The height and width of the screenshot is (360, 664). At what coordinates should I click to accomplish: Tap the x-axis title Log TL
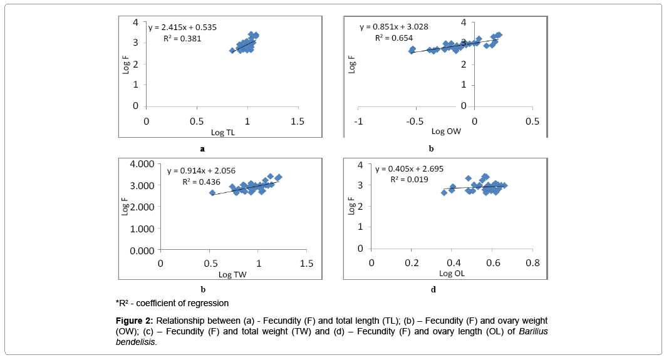click(222, 132)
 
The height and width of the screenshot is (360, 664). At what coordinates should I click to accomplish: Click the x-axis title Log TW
click(232, 274)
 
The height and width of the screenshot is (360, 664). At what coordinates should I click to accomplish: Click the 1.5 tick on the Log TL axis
click(298, 121)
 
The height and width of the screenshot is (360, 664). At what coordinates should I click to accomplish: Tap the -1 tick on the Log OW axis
click(358, 121)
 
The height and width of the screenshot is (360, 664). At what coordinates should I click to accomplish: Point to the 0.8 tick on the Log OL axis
click(532, 262)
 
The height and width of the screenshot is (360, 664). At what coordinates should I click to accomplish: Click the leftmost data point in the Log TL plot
click(232, 50)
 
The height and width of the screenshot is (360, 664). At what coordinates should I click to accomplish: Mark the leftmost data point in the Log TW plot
click(212, 193)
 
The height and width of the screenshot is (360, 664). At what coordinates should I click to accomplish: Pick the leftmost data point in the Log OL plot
click(444, 193)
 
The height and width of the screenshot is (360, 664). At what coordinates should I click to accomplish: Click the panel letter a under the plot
click(202, 149)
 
